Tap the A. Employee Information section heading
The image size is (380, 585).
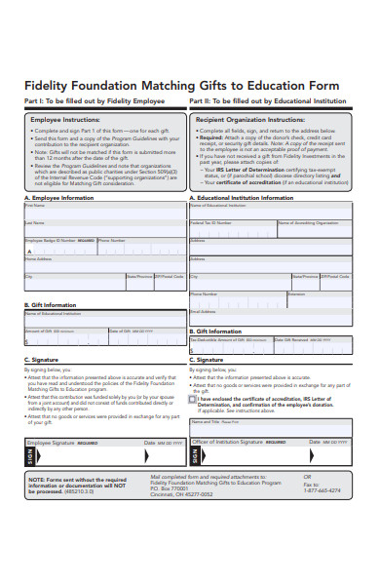click(x=60, y=197)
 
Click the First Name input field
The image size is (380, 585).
click(x=102, y=211)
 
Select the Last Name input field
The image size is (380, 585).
click(x=102, y=229)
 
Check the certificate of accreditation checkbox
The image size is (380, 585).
click(x=192, y=399)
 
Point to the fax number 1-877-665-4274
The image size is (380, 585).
click(x=323, y=491)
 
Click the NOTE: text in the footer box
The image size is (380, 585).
click(x=39, y=480)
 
